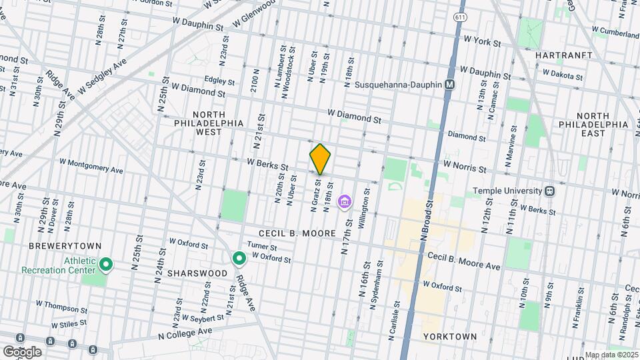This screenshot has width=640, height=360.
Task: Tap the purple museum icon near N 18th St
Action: tap(345, 201)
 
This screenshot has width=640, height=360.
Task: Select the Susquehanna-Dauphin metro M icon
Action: tap(450, 85)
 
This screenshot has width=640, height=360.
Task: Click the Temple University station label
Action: tap(508, 191)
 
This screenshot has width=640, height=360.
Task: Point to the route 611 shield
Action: tap(459, 16)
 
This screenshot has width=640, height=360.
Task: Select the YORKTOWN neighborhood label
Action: tap(450, 337)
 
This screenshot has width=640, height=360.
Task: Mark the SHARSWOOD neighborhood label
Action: tap(193, 273)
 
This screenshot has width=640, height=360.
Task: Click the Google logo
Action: tap(22, 351)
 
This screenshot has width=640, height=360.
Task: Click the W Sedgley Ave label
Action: tap(101, 78)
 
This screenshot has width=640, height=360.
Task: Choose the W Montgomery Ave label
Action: tap(91, 165)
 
